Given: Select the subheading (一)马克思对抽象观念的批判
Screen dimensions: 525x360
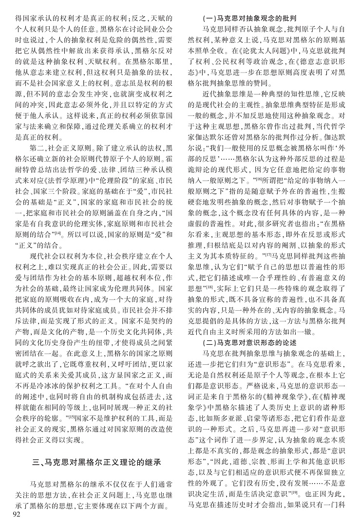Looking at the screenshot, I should click(257, 19).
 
